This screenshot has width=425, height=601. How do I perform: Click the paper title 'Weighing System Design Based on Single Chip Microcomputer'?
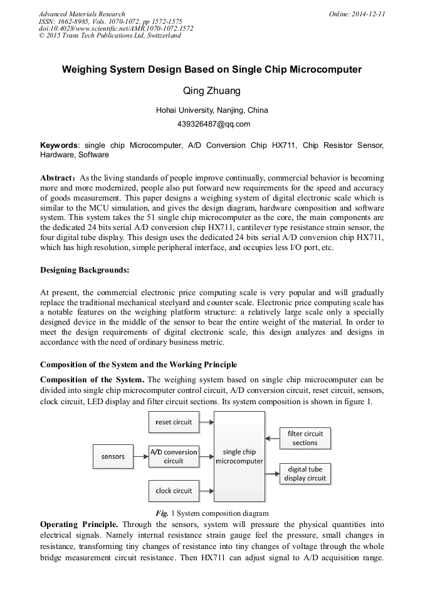tap(212, 70)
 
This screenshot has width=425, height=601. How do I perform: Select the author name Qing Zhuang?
tap(212, 91)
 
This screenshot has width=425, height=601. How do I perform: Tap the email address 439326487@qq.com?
tap(212, 123)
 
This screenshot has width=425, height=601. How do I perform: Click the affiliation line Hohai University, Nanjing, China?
tap(212, 110)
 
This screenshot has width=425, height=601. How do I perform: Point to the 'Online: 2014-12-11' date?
tap(357, 14)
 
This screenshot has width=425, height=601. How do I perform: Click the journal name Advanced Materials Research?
tap(82, 14)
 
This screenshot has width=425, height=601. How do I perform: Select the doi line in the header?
tap(116, 28)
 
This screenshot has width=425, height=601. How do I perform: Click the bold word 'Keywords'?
tap(59, 145)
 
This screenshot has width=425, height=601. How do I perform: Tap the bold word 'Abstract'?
tap(58, 178)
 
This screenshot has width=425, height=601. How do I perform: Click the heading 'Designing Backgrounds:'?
tap(85, 270)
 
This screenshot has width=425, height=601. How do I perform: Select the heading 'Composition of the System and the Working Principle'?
tap(139, 365)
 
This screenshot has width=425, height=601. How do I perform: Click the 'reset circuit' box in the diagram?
tap(174, 422)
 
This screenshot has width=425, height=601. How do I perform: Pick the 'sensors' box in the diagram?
tap(113, 456)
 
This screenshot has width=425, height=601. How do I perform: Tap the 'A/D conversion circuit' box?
tap(174, 456)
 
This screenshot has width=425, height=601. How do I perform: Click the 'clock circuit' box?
tap(174, 491)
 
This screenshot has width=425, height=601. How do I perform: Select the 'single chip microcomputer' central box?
tap(239, 456)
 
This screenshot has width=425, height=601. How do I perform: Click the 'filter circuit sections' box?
tap(305, 438)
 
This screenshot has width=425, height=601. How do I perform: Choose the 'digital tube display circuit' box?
tap(305, 473)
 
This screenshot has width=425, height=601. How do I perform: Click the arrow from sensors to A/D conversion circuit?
tap(141, 456)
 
